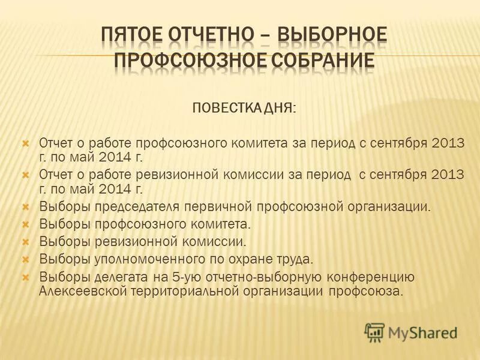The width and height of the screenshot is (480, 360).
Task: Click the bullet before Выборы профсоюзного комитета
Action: click(x=26, y=226)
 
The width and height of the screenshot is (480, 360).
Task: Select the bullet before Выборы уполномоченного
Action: click(x=26, y=260)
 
